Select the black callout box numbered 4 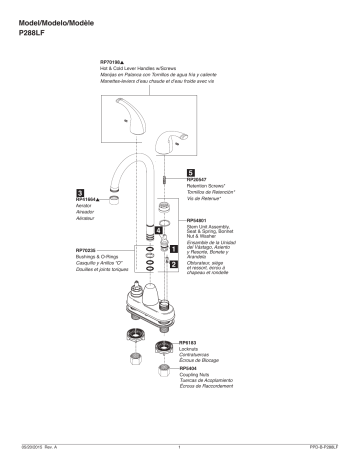click(159, 230)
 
